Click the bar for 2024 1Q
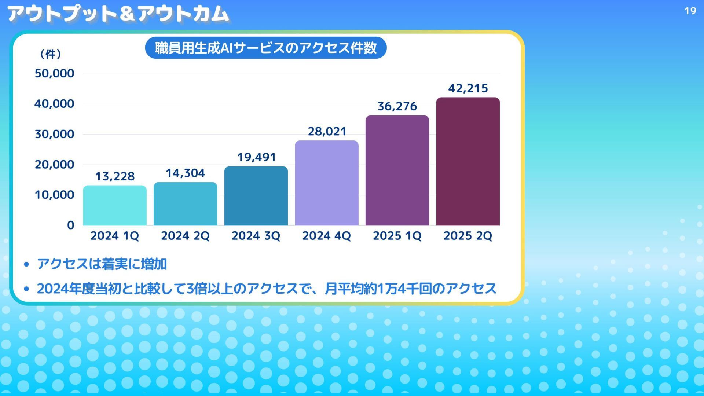point(115,205)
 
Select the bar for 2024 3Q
point(256,196)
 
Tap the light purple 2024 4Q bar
point(327,183)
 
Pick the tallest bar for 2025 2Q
point(468,161)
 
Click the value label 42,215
point(468,88)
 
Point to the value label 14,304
point(185,173)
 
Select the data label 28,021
point(327,131)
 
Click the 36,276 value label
point(397,106)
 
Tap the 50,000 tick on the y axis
point(54,73)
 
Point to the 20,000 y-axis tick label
point(54,165)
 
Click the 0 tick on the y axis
point(70,225)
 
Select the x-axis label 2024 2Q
point(185,236)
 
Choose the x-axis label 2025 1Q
point(397,236)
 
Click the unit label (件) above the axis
point(50,54)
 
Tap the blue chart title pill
point(266,48)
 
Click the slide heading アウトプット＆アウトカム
point(118,14)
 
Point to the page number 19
point(690,11)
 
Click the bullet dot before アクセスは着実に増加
point(26,264)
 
